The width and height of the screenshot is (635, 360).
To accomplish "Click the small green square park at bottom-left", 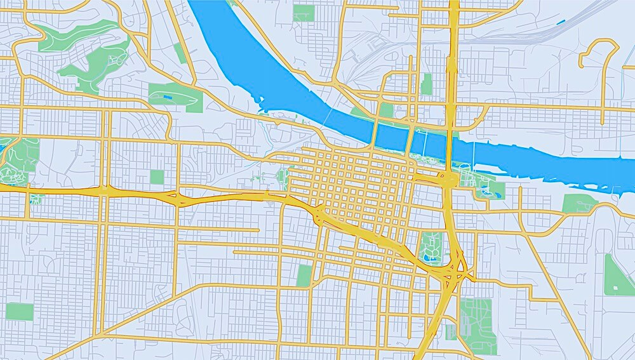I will click(x=19, y=311).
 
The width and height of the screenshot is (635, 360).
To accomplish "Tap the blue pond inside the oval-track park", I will click(x=167, y=97).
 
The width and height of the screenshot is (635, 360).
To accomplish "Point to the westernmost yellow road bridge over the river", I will click(x=375, y=133).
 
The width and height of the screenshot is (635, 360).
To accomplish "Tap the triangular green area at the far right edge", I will click(x=616, y=276).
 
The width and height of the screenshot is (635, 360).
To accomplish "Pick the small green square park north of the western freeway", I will click(x=157, y=177).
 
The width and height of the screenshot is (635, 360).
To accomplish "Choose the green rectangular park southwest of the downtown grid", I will click(x=304, y=275).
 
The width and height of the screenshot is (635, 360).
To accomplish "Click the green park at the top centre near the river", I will click(x=304, y=13).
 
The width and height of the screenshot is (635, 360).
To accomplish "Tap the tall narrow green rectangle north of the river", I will click(x=427, y=84).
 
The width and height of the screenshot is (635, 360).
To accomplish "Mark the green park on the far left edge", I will click(x=19, y=159).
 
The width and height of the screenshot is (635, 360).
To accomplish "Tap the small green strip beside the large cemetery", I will click(x=450, y=332).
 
